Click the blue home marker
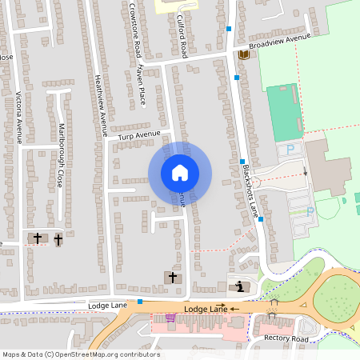coord(179,172)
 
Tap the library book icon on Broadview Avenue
coord(243,54)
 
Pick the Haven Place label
coord(140,85)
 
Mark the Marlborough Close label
coord(61,155)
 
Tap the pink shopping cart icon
coord(170,318)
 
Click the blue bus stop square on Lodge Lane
coord(140,302)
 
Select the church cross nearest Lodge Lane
coord(172,277)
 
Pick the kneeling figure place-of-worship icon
coord(238,286)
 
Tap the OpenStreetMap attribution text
coord(80,354)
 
